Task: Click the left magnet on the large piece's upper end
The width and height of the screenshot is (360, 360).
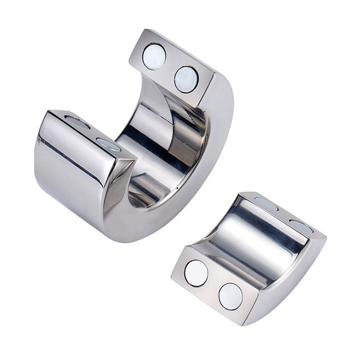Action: point(154,56)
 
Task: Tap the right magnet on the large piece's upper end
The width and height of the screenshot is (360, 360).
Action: point(186,79)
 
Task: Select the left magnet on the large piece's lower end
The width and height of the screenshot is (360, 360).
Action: point(77,122)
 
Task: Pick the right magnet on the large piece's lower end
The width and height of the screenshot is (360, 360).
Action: point(109,144)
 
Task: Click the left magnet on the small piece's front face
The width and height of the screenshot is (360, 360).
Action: point(196,274)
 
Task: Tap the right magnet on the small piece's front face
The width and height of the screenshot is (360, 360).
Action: point(230,296)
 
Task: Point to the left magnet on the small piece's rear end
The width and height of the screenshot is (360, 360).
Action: point(266,204)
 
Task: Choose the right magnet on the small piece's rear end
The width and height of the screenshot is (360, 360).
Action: point(302,226)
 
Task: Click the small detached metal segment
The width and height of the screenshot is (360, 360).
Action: point(252,258)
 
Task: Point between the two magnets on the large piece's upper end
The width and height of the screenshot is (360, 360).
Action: point(170,67)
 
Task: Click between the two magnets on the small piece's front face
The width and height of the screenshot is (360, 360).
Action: point(213,284)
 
